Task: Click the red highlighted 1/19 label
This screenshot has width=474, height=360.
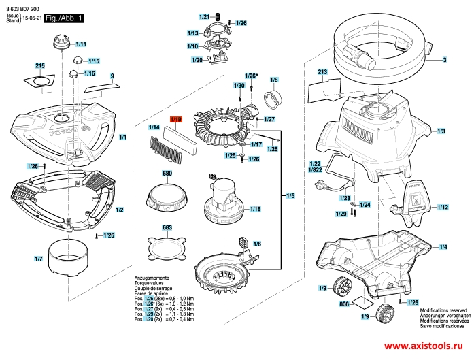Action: point(176,119)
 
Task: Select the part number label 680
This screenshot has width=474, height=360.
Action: point(167,174)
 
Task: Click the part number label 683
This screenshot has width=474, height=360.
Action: point(167,227)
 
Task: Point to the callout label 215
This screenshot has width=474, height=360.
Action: point(39,65)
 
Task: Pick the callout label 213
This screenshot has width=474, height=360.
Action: point(322,71)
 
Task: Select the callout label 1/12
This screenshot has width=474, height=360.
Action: point(443,208)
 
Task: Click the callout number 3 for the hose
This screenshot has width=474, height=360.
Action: point(444,61)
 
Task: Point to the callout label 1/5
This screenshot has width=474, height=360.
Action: point(290,197)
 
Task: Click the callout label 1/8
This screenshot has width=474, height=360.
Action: point(275,80)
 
